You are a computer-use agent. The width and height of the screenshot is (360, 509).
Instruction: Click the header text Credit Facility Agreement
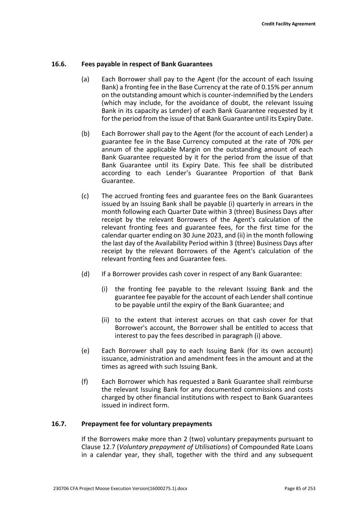(x=288, y=24)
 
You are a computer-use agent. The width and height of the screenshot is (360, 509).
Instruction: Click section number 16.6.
(x=59, y=64)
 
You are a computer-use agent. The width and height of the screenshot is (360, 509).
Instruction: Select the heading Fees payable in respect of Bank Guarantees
(x=147, y=64)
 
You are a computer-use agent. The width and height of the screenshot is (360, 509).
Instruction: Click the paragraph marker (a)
(x=85, y=79)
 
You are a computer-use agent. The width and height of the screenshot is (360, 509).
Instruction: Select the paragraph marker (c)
(x=85, y=196)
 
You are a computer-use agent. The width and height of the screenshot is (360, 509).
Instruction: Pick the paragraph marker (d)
(x=85, y=274)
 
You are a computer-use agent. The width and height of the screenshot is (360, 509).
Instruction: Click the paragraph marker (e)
(x=85, y=351)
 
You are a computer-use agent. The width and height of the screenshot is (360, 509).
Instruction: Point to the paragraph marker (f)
(x=85, y=382)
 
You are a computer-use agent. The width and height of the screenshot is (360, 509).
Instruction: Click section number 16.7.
(x=59, y=424)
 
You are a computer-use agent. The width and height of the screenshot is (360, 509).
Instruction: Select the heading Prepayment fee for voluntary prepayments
(x=147, y=424)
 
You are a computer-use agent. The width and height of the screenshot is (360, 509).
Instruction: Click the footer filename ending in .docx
(x=120, y=488)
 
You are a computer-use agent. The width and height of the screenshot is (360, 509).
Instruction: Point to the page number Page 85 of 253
(x=300, y=488)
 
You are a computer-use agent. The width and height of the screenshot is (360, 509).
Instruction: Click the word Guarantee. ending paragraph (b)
(x=118, y=181)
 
